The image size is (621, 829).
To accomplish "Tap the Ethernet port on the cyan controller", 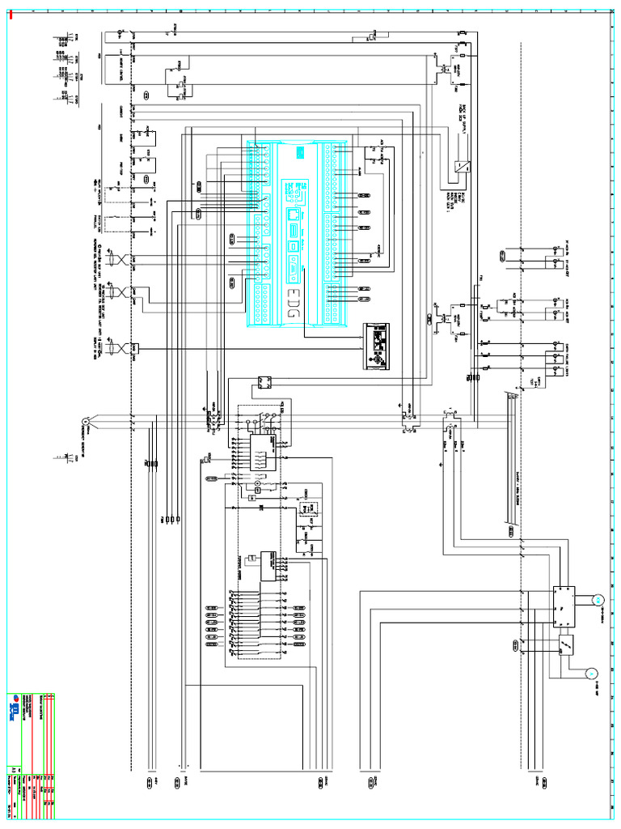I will pos(291,217).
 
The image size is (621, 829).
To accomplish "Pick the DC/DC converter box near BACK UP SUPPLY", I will pos(464,168).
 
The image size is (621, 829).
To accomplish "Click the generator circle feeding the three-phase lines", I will pos(83,422).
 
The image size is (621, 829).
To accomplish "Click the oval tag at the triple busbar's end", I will pos(511,531).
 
